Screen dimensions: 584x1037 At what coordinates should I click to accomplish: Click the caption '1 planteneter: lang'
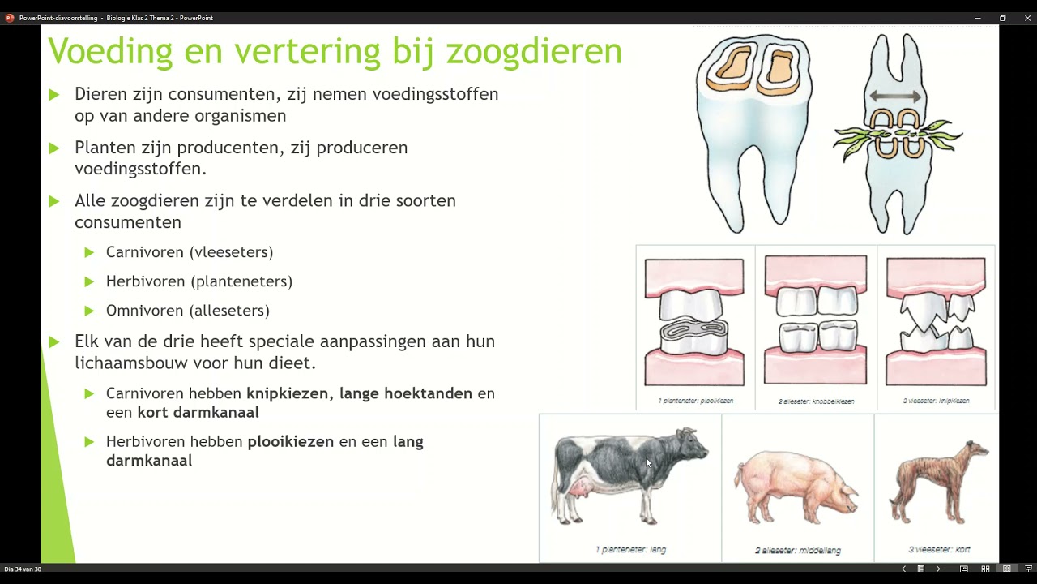(630, 550)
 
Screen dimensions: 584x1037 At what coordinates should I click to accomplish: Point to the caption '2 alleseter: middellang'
(797, 551)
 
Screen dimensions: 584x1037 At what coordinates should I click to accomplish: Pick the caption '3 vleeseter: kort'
(939, 550)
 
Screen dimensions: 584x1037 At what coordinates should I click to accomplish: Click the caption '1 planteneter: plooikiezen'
(695, 401)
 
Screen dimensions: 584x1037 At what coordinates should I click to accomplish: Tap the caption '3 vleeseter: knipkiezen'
(936, 401)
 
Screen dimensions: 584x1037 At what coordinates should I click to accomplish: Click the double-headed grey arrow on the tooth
(895, 97)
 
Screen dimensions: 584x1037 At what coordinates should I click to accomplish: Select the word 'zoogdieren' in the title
(534, 51)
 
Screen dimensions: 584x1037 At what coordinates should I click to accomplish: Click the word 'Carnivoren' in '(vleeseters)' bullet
(144, 252)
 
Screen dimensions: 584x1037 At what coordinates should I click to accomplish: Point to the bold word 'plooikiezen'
(290, 442)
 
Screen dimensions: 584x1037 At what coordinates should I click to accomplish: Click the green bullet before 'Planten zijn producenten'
(53, 148)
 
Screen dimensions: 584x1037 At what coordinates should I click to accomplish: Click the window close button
(1027, 18)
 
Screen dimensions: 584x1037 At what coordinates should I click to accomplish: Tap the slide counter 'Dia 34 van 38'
(23, 569)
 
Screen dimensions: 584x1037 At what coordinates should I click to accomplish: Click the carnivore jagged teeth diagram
(936, 321)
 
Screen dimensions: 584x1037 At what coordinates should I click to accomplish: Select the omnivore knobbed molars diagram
(815, 321)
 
